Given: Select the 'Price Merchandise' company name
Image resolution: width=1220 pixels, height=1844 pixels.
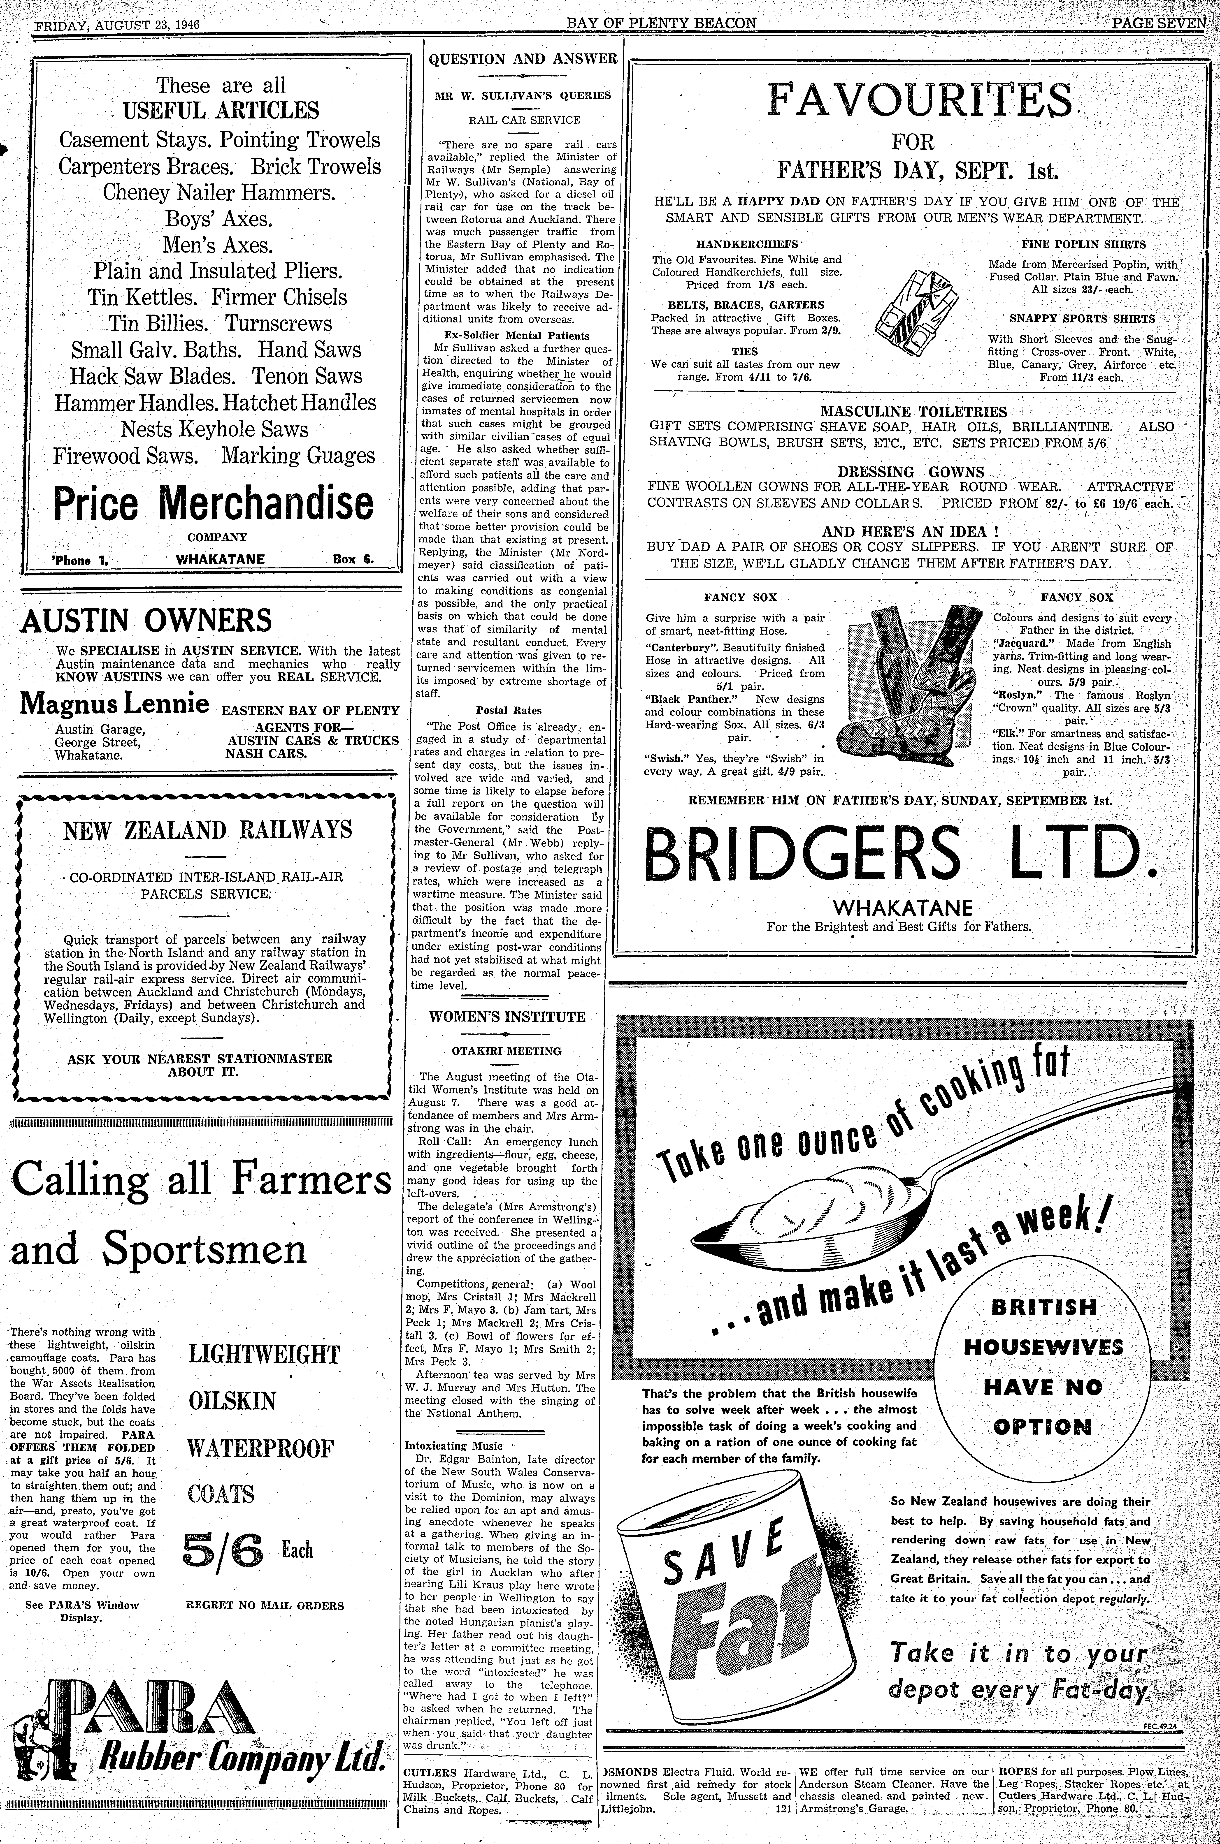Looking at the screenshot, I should coord(212,504).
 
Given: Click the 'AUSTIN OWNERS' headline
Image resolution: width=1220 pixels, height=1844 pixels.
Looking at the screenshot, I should coord(146,621).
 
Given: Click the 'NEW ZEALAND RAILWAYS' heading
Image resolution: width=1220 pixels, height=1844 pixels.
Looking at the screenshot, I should coord(208,830).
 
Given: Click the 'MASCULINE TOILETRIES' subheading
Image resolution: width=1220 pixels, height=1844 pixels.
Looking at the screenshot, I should coord(913,411).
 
